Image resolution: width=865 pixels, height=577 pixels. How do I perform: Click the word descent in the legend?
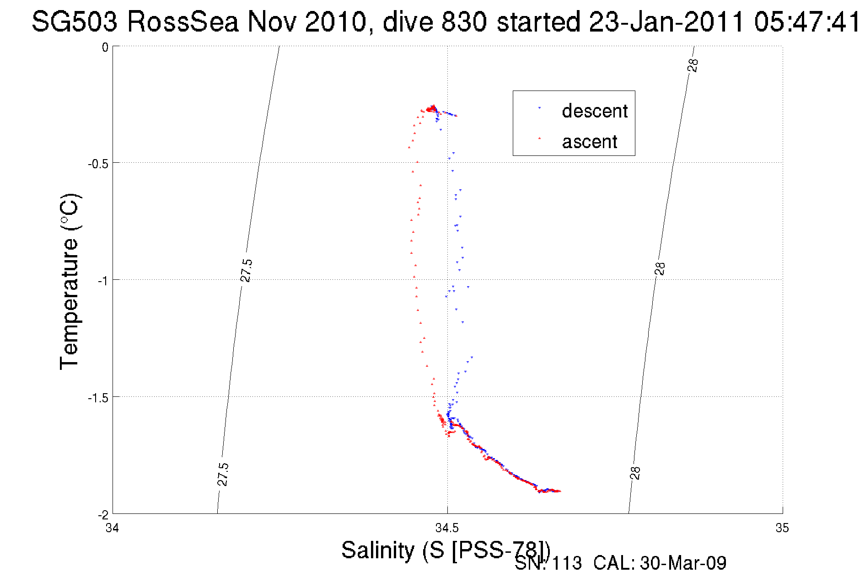pyautogui.click(x=595, y=111)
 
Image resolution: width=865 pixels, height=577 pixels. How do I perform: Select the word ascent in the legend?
pyautogui.click(x=589, y=142)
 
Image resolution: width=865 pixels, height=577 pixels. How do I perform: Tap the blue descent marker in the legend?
pyautogui.click(x=539, y=108)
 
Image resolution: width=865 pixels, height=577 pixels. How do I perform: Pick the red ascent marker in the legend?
pyautogui.click(x=539, y=138)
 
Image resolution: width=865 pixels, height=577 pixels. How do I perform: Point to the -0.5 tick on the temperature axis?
pyautogui.click(x=98, y=164)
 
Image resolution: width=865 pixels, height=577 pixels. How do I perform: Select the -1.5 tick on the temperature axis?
pyautogui.click(x=98, y=398)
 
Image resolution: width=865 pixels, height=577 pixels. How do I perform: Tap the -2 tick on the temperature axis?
pyautogui.click(x=103, y=515)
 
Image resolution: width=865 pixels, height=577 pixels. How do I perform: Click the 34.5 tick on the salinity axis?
pyautogui.click(x=447, y=528)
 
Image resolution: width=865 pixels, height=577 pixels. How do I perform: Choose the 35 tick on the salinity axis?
pyautogui.click(x=782, y=528)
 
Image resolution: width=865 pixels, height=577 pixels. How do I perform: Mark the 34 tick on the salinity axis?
pyautogui.click(x=112, y=528)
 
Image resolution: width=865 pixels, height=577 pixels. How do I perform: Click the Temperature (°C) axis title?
pyautogui.click(x=70, y=281)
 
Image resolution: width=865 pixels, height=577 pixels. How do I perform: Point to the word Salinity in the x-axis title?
pyautogui.click(x=378, y=550)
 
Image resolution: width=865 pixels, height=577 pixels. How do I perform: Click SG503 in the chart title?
pyautogui.click(x=75, y=21)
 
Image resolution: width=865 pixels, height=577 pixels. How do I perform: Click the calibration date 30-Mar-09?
pyautogui.click(x=683, y=563)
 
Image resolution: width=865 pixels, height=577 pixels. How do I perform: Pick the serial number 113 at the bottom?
pyautogui.click(x=567, y=563)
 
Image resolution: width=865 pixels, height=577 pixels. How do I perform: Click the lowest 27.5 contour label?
pyautogui.click(x=222, y=474)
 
